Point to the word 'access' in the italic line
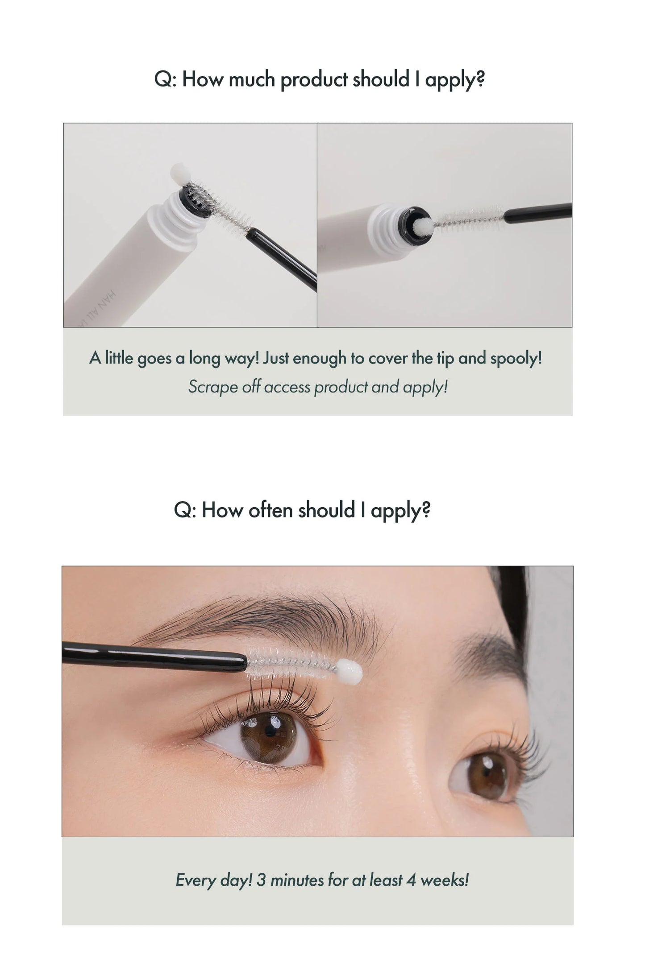(287, 387)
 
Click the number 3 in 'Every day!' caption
(261, 880)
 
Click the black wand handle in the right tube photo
(537, 213)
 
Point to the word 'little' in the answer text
(119, 358)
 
